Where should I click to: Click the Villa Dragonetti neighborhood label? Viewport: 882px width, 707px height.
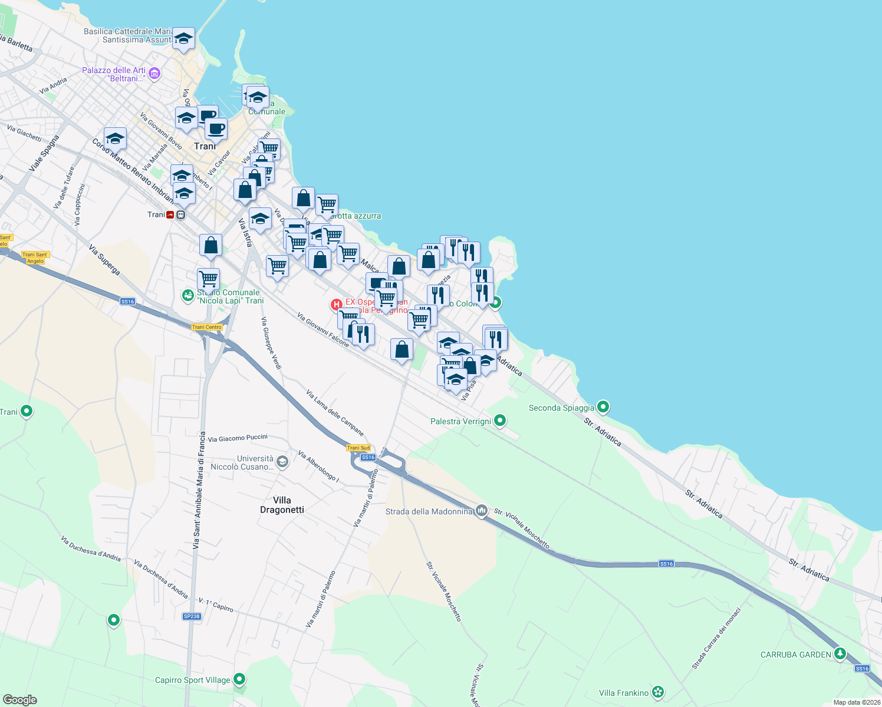click(282, 505)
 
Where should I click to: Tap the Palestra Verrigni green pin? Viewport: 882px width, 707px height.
click(500, 421)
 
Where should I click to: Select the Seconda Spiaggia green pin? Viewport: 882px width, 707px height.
click(603, 407)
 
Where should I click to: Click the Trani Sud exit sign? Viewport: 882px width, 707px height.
click(358, 448)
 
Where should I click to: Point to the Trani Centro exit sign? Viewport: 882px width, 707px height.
click(206, 327)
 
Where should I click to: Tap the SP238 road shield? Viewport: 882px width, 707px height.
click(192, 616)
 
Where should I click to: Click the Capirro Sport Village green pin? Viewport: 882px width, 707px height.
click(239, 680)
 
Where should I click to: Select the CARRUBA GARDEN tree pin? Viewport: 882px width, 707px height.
click(840, 654)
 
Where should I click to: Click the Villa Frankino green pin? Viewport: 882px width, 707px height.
click(658, 692)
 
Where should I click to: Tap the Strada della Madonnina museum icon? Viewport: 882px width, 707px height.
click(482, 510)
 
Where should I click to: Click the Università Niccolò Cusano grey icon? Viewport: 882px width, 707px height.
click(282, 462)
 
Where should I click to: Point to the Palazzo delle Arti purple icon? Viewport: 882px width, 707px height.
click(154, 74)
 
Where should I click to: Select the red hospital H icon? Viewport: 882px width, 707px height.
click(336, 305)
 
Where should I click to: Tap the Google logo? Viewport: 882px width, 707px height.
click(19, 699)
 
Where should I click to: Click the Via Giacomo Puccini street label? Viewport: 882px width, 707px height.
click(238, 438)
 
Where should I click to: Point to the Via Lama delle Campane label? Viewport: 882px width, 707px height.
click(335, 412)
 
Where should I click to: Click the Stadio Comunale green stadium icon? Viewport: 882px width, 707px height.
click(187, 295)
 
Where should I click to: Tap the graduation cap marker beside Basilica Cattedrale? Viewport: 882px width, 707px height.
click(184, 39)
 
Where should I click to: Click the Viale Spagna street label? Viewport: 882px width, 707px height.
click(44, 153)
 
